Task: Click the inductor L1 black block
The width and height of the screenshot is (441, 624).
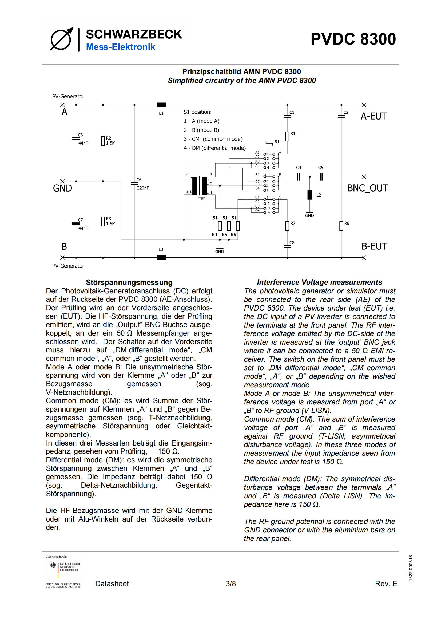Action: (161, 105)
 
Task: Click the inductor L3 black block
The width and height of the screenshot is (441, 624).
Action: (161, 257)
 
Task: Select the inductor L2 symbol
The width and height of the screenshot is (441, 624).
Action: (310, 195)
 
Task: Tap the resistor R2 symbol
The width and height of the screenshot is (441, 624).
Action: (103, 141)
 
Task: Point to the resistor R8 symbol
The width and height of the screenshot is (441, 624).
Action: (341, 226)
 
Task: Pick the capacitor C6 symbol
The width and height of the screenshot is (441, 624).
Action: (134, 184)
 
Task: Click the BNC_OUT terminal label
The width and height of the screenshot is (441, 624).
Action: (367, 188)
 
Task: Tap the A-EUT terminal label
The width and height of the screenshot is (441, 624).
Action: (374, 116)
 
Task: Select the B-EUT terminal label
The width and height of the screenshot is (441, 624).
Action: (374, 246)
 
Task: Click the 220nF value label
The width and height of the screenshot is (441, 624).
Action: (143, 188)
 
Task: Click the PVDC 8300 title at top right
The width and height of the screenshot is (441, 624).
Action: (353, 39)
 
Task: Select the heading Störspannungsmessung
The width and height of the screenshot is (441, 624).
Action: (129, 282)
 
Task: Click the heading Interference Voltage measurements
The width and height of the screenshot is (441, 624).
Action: (320, 282)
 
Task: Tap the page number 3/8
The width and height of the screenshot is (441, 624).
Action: (231, 583)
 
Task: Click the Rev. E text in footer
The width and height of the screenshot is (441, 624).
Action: (386, 583)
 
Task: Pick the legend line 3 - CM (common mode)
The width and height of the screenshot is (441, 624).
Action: (213, 139)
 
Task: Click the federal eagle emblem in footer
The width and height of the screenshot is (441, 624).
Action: (53, 565)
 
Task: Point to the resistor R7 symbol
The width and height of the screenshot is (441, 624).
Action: (287, 226)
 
